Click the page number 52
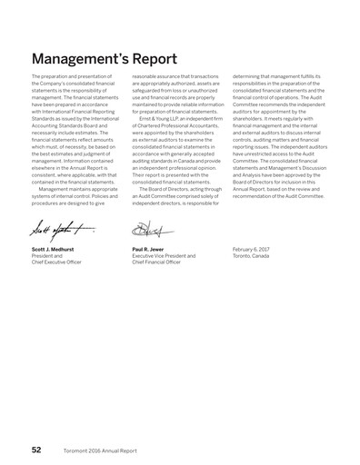pyautogui.click(x=35, y=448)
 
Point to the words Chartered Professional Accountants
pyautogui.click(x=167, y=122)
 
